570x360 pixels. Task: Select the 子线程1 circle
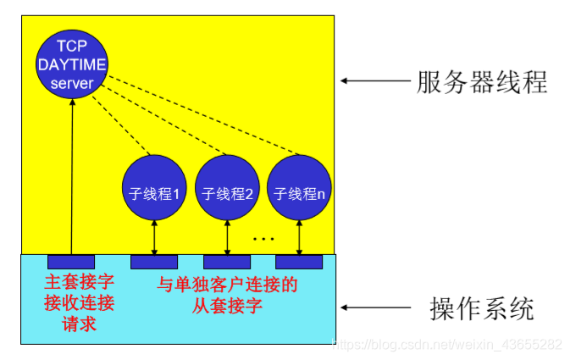tap(155, 191)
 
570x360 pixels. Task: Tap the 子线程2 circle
tap(227, 191)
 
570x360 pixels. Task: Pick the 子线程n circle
tap(299, 191)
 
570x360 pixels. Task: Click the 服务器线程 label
tap(482, 82)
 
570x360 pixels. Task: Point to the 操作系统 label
tap(482, 309)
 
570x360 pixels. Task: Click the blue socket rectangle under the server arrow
tap(71, 262)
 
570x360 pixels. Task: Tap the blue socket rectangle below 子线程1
tap(154, 262)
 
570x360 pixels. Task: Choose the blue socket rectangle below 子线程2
tap(227, 262)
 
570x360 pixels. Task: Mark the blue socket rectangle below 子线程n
tap(299, 262)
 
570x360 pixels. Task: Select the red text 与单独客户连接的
tap(228, 285)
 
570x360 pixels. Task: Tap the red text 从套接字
tap(228, 306)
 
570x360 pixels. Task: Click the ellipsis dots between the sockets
tap(263, 240)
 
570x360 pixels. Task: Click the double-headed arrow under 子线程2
tap(227, 238)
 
